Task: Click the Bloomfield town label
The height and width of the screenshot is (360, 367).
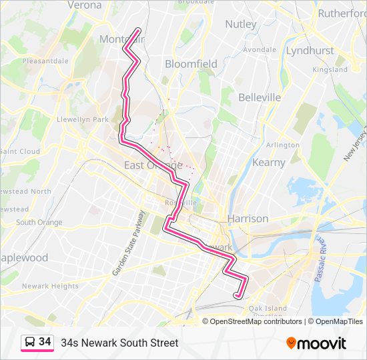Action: (191, 64)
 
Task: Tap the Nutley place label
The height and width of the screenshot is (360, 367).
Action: (241, 24)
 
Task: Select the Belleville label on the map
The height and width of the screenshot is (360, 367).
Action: (260, 97)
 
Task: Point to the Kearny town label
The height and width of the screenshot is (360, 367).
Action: (269, 162)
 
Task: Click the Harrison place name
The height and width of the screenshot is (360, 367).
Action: (248, 218)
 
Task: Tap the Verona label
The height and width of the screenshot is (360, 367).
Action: (85, 5)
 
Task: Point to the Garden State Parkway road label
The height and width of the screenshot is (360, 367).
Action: (128, 243)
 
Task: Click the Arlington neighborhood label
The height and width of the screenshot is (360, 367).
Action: (283, 145)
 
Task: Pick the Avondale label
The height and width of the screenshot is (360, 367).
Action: (260, 50)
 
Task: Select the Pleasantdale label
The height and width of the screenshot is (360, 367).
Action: (45, 61)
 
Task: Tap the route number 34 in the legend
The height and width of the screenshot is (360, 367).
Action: (45, 342)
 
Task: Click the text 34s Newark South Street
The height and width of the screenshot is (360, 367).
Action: (119, 343)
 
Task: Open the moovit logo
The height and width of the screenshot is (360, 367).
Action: (316, 343)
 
